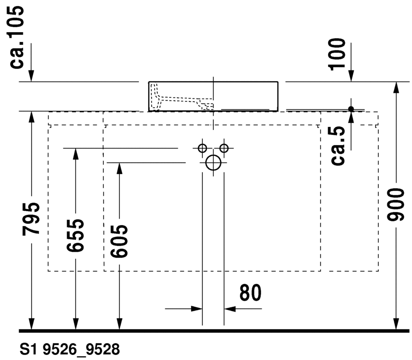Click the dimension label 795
click(x=31, y=219)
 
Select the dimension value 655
click(x=76, y=235)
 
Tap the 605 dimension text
click(x=119, y=241)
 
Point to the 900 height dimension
click(x=396, y=204)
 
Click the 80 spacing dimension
click(x=250, y=292)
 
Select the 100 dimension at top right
click(x=337, y=54)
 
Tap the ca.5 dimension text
click(x=338, y=145)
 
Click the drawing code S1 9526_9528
click(x=69, y=349)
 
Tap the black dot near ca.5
click(x=351, y=109)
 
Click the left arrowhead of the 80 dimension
click(x=197, y=309)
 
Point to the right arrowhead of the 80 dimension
click(x=230, y=309)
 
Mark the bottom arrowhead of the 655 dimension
click(x=76, y=324)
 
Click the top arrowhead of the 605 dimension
click(x=119, y=168)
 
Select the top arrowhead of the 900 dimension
click(x=396, y=88)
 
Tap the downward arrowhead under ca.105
click(x=31, y=76)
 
